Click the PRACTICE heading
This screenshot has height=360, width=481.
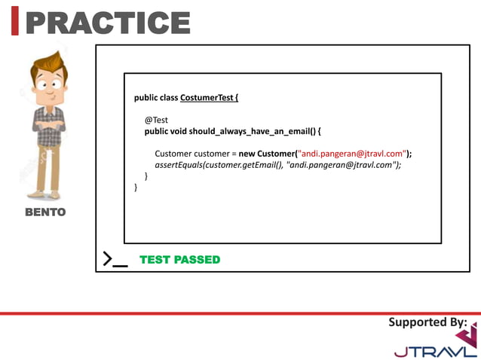pos(107,23)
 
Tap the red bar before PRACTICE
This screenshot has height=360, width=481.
pos(15,23)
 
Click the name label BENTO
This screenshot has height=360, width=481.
pos(45,212)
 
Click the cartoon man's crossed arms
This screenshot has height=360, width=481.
pos(49,121)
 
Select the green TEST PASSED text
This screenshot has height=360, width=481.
pos(179,260)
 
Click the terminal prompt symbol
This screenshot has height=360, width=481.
pos(115,260)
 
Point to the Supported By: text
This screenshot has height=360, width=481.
pos(427,322)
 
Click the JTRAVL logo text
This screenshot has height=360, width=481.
pos(435,351)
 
